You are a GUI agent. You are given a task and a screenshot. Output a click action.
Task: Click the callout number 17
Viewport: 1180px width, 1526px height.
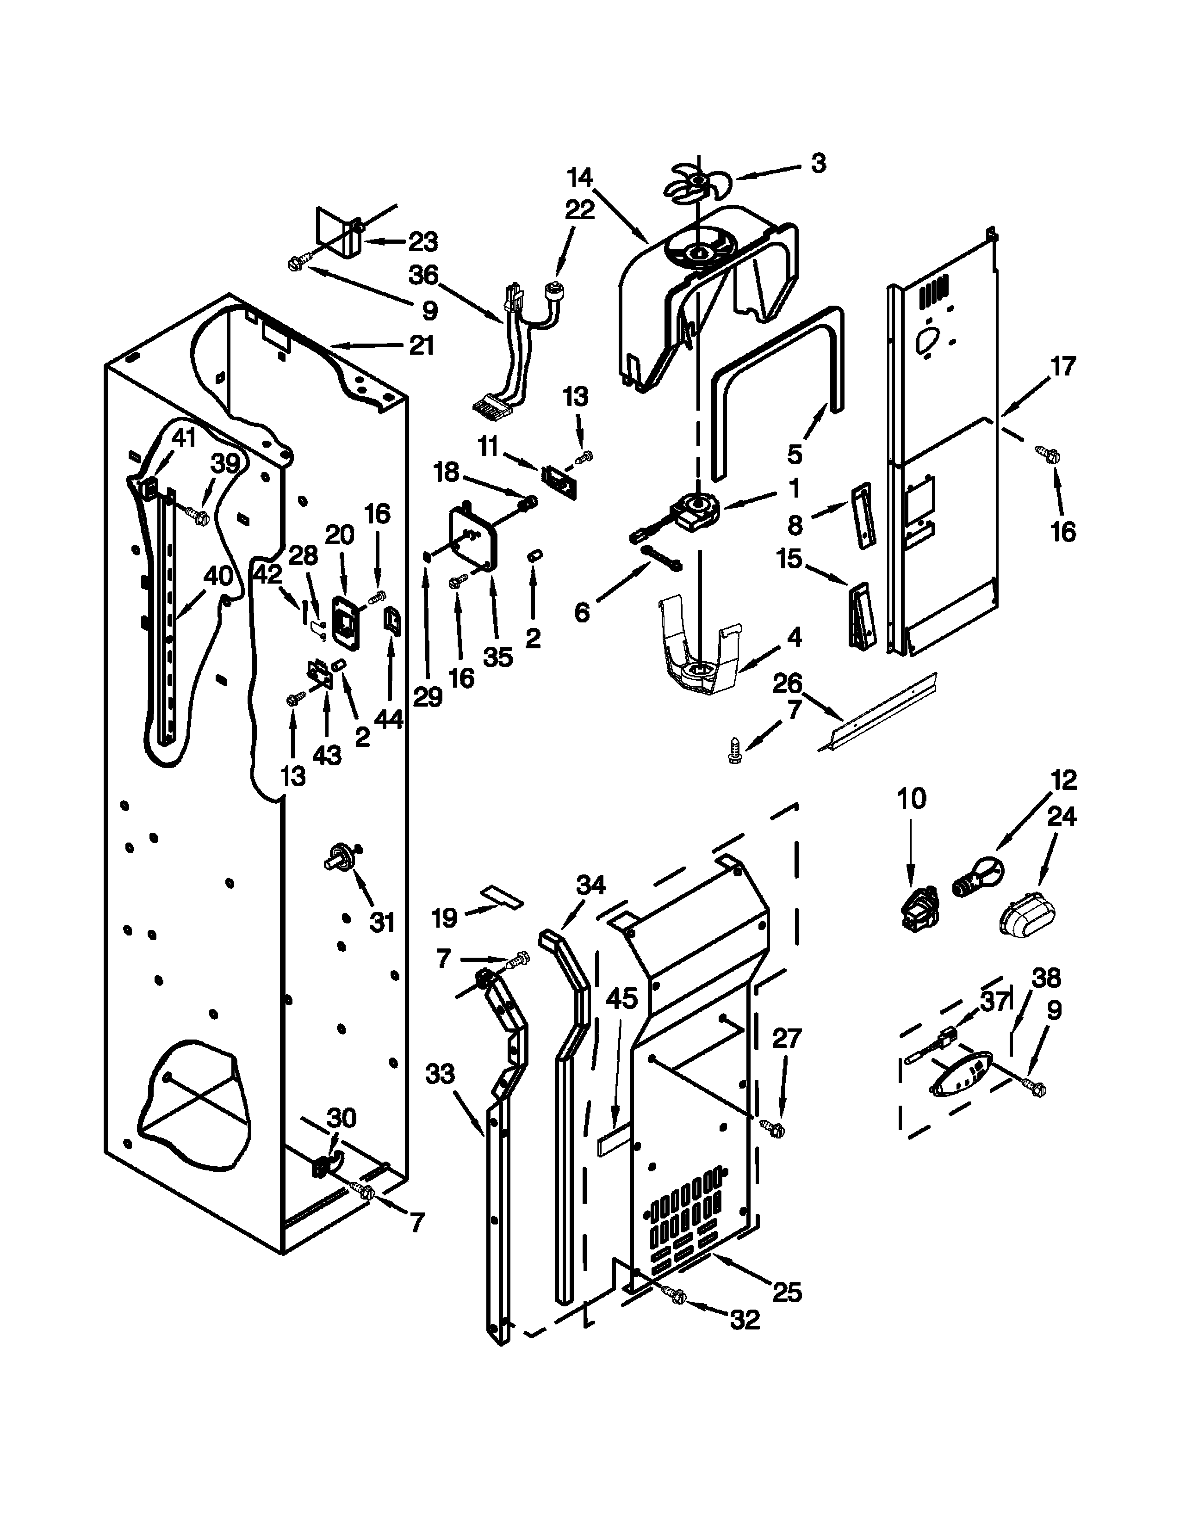[1062, 366]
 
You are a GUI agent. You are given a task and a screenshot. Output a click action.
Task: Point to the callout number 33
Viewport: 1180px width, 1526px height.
[439, 1073]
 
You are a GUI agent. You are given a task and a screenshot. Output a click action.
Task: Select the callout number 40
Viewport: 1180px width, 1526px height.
[217, 576]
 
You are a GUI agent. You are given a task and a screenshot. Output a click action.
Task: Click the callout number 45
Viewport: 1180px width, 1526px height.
[621, 998]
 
